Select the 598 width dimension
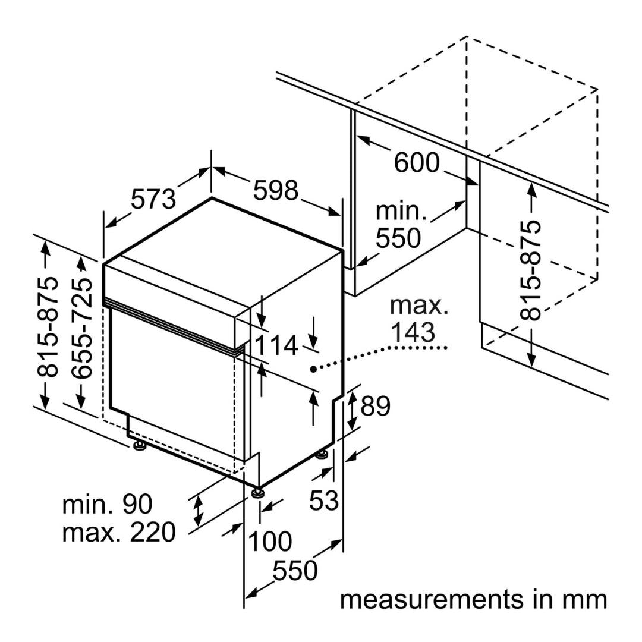point(276,190)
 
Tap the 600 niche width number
point(417,162)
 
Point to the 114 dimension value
point(276,345)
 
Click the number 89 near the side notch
point(376,406)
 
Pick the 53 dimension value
point(324,500)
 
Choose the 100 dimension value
point(270,542)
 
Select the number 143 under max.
point(413,332)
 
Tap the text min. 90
point(107,504)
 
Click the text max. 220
point(119,532)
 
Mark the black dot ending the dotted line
point(313,369)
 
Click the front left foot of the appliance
point(139,446)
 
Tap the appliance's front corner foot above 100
point(257,492)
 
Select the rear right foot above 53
point(322,455)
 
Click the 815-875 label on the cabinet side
point(531,270)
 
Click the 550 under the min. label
point(398,238)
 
